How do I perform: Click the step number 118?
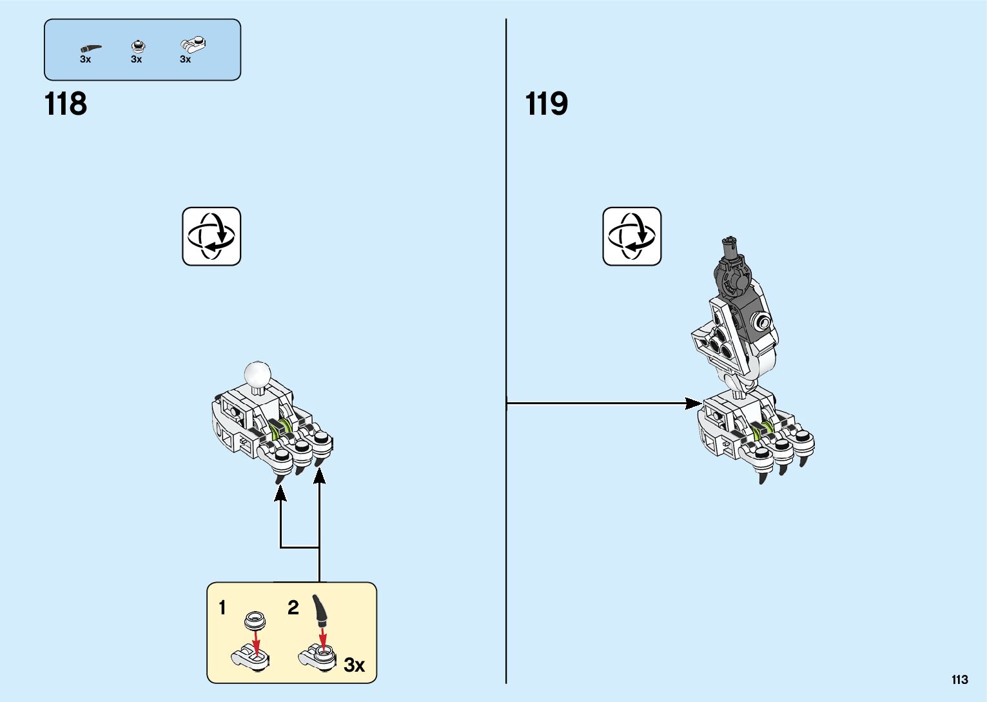coord(66,104)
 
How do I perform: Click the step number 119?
coord(547,104)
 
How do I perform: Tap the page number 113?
coord(959,680)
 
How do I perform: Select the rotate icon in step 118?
coord(211,237)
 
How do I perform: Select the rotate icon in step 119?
coord(632,237)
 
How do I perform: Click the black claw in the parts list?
coord(90,48)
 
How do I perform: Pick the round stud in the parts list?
coord(137,46)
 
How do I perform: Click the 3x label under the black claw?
coord(85,59)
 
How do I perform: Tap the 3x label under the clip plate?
coord(185,59)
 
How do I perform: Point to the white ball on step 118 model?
coord(258,373)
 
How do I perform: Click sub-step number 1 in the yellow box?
coord(222,608)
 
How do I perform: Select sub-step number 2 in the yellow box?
coord(293,608)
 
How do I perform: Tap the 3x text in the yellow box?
coord(354,665)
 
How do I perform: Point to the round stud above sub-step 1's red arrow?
coord(255,620)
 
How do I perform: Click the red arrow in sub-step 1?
coord(257,643)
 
